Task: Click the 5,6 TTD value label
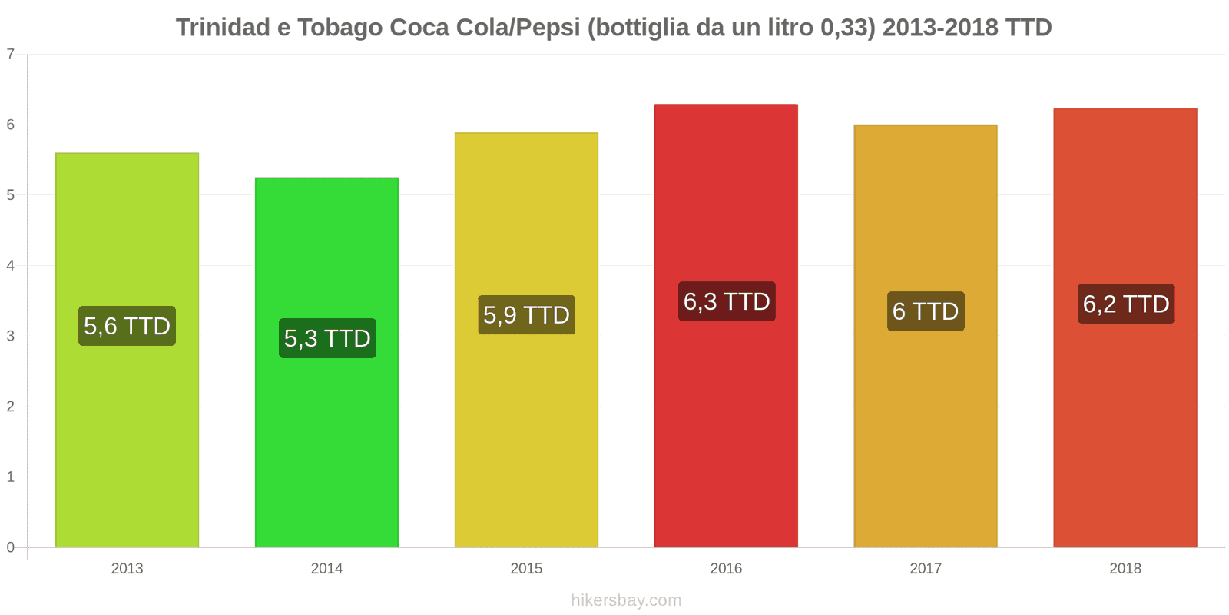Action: pyautogui.click(x=127, y=326)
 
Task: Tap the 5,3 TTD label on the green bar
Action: pyautogui.click(x=327, y=338)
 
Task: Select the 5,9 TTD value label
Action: pyautogui.click(x=526, y=315)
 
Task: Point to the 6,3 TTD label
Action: pyautogui.click(x=727, y=301)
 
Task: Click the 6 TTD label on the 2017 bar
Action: pyautogui.click(x=926, y=311)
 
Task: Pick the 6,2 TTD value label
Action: pyautogui.click(x=1126, y=304)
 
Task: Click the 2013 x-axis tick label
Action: pyautogui.click(x=127, y=569)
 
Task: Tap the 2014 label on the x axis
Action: pyautogui.click(x=326, y=569)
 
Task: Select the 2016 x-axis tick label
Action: pyautogui.click(x=726, y=569)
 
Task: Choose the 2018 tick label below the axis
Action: pyautogui.click(x=1125, y=569)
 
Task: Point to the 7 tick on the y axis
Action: pyautogui.click(x=11, y=55)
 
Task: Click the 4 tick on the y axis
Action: pyautogui.click(x=11, y=266)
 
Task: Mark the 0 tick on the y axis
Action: pyautogui.click(x=11, y=547)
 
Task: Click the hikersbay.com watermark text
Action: pyautogui.click(x=626, y=600)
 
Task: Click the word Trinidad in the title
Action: pyautogui.click(x=223, y=28)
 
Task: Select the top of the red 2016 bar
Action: pyautogui.click(x=726, y=105)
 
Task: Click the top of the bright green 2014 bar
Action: pyautogui.click(x=326, y=178)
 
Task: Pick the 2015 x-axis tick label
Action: pyautogui.click(x=526, y=569)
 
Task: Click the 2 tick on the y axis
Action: pyautogui.click(x=11, y=407)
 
